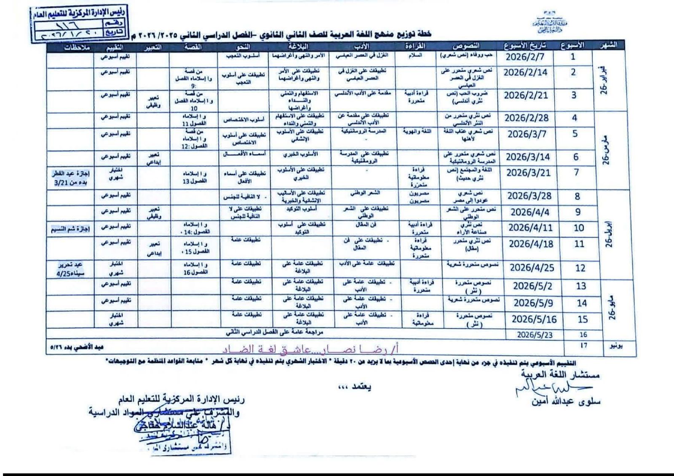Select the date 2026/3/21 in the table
[528, 173]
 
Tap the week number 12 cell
[580, 268]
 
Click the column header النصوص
[466, 46]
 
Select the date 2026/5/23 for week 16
[534, 335]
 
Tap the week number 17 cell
[583, 345]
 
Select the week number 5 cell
[575, 134]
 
